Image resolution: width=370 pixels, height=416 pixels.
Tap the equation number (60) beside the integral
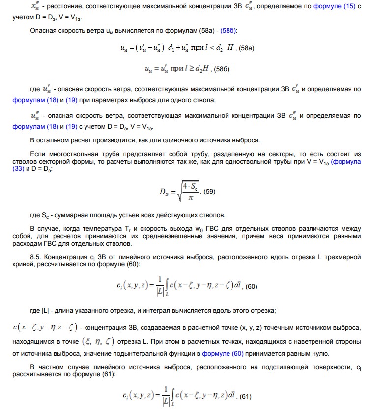tap(251, 287)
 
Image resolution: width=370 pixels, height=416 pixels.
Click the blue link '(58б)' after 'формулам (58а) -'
tap(229, 31)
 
